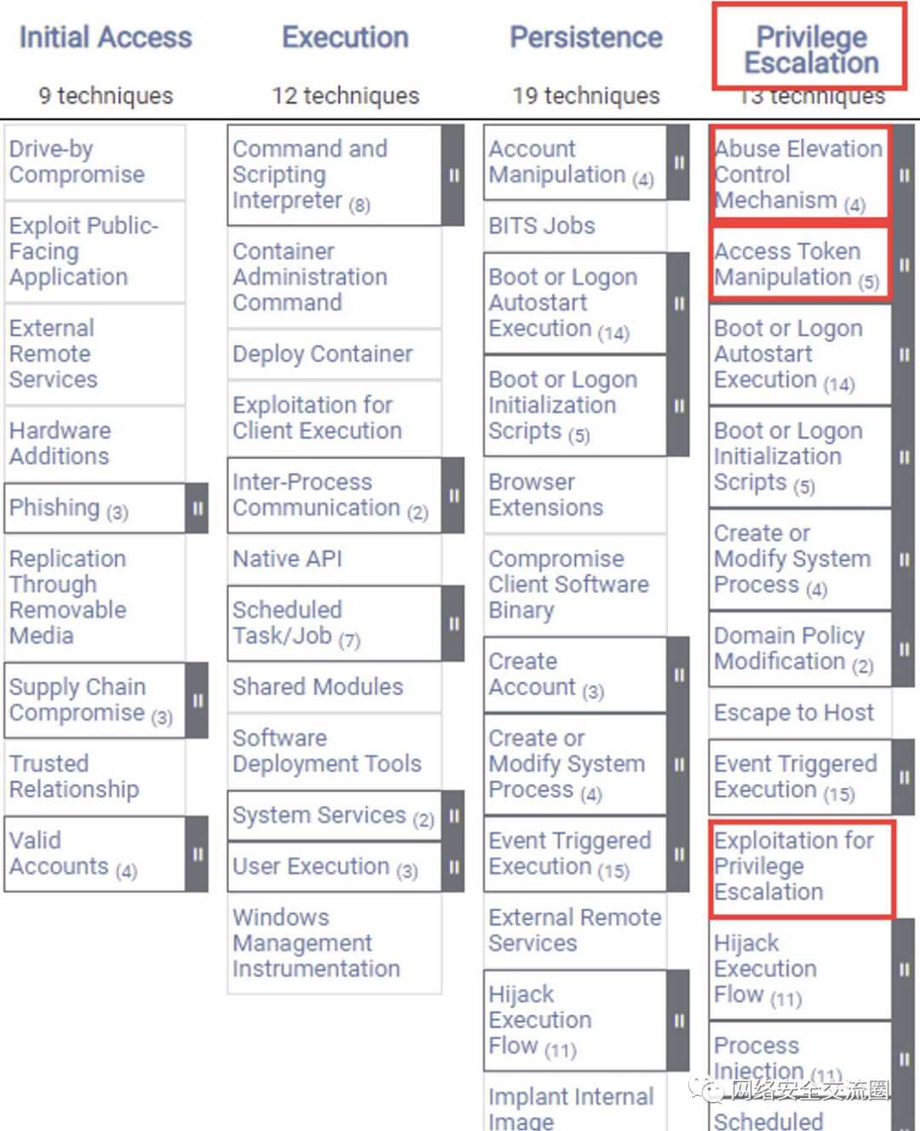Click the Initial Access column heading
point(106,37)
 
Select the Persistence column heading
point(586,37)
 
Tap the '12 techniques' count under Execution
point(345,95)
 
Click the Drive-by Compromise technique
point(77,162)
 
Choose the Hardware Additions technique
point(60,443)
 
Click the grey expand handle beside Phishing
point(198,508)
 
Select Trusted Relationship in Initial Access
point(74,776)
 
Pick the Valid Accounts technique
point(72,853)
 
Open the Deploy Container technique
point(322,353)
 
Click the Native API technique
point(287,559)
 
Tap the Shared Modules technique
point(318,686)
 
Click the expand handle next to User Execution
point(454,867)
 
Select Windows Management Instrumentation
point(316,943)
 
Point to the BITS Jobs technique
point(542,226)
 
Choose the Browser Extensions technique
point(545,495)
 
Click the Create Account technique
point(545,674)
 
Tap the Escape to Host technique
point(794,712)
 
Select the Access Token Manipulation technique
point(796,264)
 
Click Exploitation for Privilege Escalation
point(794,866)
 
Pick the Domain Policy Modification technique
point(793,648)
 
